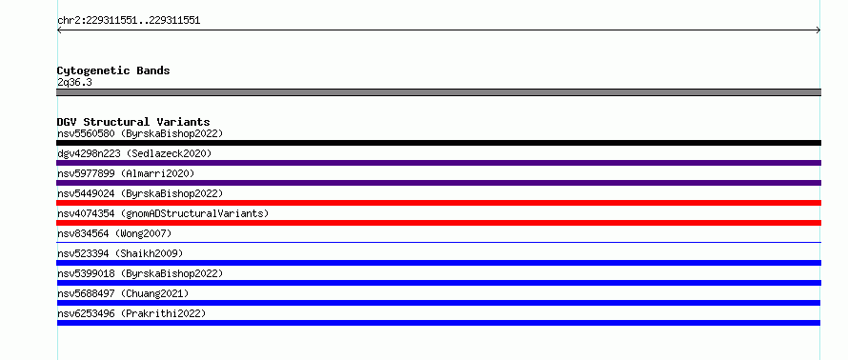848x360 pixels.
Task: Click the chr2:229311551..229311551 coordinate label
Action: tap(129, 21)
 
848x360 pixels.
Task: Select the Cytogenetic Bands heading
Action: tap(113, 70)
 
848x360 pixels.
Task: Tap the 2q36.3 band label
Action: tap(74, 83)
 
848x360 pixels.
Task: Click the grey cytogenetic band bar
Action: tap(438, 92)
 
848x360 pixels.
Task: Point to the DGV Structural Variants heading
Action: tap(133, 122)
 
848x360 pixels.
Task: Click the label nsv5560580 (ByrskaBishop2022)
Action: tap(140, 133)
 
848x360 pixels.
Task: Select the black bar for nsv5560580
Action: tap(438, 143)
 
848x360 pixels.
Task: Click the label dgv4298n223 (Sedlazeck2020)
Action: tap(134, 153)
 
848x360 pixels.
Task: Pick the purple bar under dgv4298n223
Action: tap(438, 163)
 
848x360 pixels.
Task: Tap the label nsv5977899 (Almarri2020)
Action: tap(126, 173)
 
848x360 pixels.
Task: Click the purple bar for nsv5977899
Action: tap(438, 183)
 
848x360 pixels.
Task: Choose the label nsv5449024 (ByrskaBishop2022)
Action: tap(140, 193)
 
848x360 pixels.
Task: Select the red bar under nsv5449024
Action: tap(438, 203)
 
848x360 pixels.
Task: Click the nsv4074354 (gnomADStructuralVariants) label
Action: tap(163, 213)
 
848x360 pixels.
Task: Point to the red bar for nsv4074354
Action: tap(438, 223)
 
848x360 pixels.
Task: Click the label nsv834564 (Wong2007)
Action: tap(114, 233)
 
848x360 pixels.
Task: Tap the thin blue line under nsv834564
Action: tap(438, 242)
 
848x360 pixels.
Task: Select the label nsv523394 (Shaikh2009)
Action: tap(120, 253)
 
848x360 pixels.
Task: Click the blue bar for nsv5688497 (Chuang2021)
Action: tap(438, 303)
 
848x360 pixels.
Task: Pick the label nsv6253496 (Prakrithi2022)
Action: tap(131, 313)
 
